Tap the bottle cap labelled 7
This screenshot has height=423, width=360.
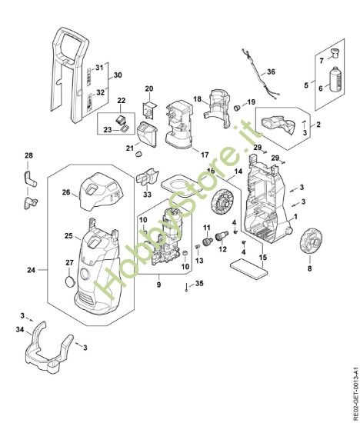coord(333,53)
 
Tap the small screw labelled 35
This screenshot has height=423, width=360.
coord(188,290)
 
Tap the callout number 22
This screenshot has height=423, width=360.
coord(121,101)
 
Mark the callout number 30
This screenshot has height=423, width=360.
coord(117,75)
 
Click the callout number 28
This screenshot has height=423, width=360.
coord(29,156)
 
